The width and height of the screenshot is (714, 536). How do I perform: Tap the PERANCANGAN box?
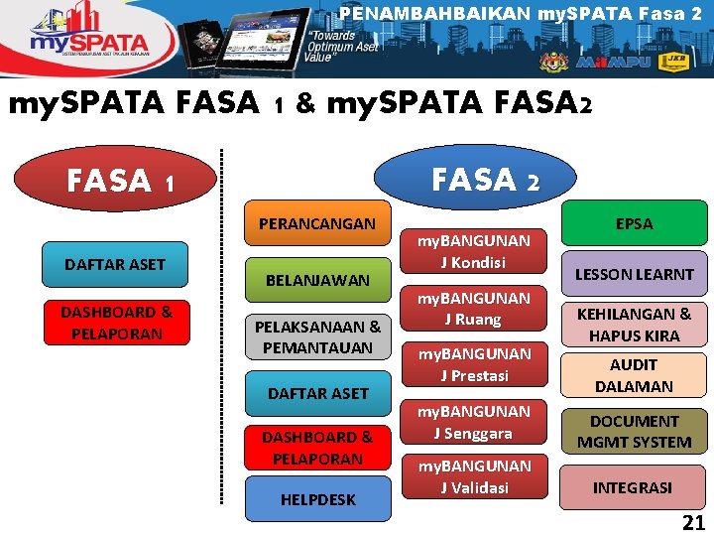coord(317,223)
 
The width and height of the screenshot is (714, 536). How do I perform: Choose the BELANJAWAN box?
coord(317,280)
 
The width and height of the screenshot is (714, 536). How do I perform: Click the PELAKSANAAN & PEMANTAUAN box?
coord(317,336)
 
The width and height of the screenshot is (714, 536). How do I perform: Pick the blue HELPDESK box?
coord(317,499)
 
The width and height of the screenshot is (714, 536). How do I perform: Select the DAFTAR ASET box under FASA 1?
coord(115,264)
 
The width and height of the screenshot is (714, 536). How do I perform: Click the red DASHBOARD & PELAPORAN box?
coord(115,323)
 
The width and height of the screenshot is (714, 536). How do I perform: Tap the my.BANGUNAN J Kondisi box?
coord(474,251)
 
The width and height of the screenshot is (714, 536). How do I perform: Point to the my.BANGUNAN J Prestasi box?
coord(474,364)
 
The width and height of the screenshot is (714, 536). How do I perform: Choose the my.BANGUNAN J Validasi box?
coord(474,476)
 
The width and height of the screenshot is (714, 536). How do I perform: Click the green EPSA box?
coord(634,223)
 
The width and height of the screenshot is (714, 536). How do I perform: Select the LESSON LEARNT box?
coord(635,274)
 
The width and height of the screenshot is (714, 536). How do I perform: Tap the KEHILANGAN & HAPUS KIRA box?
coord(635,325)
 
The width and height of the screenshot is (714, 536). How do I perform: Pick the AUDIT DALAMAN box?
coord(635,375)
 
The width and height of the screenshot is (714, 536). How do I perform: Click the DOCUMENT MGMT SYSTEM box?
coord(635,432)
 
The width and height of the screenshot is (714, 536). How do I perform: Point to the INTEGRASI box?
coord(633,487)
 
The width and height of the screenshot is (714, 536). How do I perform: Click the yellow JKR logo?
coord(673,62)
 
